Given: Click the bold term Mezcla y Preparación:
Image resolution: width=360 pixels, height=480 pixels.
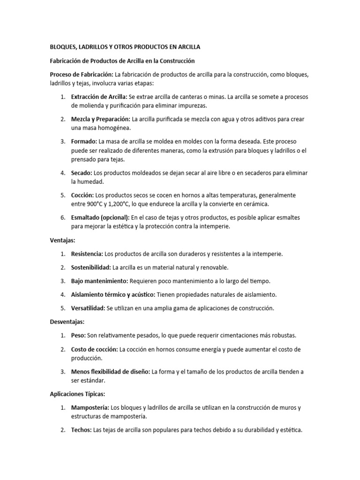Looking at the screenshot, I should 101,119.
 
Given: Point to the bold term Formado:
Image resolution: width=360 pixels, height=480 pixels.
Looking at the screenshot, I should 84,141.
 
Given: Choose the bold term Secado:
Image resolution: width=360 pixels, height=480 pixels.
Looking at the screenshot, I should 82,173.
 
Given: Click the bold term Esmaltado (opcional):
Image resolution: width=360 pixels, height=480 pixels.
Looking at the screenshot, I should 100,217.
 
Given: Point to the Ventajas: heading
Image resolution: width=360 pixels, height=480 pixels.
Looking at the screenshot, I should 63,240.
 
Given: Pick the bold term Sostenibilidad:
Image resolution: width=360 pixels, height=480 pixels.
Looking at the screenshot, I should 91,267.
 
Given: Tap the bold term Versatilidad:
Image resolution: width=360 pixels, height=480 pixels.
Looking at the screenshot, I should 88,308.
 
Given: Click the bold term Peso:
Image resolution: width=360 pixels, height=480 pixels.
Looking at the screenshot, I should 78,336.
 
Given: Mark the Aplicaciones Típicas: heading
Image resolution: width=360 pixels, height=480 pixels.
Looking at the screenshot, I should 78,394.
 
